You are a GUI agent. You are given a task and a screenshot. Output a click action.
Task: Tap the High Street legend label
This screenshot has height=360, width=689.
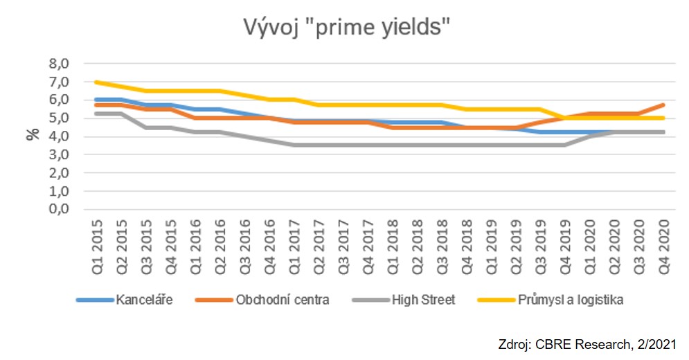pos(422,300)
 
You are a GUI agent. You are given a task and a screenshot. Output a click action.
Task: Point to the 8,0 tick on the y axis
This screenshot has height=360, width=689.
pos(59,64)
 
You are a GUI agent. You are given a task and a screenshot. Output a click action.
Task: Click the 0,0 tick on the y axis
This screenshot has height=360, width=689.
pos(59,209)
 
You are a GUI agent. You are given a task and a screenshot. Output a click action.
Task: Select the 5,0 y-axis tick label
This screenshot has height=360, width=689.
pos(59,118)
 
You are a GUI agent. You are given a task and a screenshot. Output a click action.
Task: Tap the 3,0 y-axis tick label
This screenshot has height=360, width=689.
pos(59,154)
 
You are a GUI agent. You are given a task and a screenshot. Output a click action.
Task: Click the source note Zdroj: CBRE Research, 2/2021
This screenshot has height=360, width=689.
pos(587,344)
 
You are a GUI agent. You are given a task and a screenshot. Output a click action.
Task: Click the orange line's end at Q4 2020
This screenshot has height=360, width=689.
pos(664,105)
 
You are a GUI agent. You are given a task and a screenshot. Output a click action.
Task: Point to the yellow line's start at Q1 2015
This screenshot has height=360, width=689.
pos(97,82)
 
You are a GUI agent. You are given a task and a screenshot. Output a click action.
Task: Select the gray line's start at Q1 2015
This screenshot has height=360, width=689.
pos(97,114)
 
